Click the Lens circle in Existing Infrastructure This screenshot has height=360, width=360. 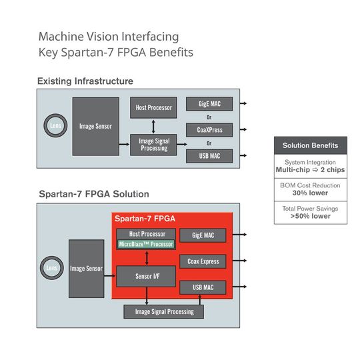[55, 125]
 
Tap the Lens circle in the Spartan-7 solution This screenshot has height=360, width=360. [51, 268]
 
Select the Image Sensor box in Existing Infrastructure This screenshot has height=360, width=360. [95, 126]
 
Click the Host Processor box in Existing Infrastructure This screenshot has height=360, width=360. [153, 107]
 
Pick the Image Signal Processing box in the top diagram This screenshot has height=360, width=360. [153, 145]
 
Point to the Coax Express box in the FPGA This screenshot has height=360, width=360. [203, 261]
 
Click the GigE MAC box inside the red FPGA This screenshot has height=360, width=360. [203, 235]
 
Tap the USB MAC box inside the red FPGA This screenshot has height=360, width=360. [203, 287]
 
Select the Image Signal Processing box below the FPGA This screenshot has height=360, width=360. [163, 311]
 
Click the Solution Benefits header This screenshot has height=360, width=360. [310, 145]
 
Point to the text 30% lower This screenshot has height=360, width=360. [310, 193]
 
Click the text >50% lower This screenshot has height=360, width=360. [310, 216]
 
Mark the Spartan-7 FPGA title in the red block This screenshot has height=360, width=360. [145, 219]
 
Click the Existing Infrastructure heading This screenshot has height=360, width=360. [85, 81]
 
